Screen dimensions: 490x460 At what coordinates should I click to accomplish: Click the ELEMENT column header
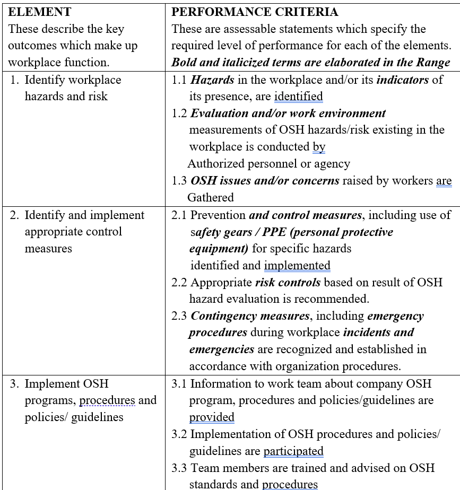coord(40,12)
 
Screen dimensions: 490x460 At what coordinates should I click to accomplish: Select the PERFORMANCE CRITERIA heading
coord(255,12)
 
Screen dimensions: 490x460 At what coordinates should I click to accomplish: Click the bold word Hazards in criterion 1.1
coord(212,80)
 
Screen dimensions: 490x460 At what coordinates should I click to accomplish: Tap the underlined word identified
coord(299,97)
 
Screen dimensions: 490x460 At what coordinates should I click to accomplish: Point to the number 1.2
coord(179,113)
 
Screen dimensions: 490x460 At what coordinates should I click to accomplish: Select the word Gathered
coord(211,197)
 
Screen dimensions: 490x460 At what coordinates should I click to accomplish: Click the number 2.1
coord(179,215)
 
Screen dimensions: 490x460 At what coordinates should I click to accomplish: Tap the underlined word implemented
coord(297,266)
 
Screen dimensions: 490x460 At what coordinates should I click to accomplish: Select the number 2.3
coord(179,316)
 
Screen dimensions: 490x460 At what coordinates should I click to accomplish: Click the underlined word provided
coord(212,417)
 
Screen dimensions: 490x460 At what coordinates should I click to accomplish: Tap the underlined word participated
coord(293,451)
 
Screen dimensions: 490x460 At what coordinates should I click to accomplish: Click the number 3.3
coord(179,468)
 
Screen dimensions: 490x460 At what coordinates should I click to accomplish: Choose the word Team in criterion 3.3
coord(204,468)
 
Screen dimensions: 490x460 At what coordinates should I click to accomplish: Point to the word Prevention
coord(218,215)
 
